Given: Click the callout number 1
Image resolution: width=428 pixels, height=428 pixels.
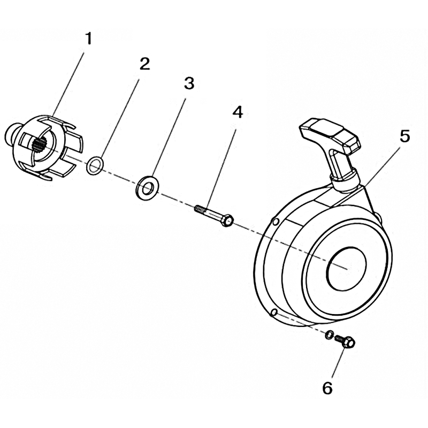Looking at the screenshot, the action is [x=88, y=39].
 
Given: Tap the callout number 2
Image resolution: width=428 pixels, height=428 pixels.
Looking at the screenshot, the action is [x=144, y=64].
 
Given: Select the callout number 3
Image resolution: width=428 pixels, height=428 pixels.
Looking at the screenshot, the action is [x=189, y=83].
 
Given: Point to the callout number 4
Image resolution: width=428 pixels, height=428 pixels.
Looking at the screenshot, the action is [x=238, y=112].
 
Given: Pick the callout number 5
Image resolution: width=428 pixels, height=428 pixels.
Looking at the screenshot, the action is [x=404, y=136].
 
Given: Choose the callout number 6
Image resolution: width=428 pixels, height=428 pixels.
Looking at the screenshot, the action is [x=327, y=388].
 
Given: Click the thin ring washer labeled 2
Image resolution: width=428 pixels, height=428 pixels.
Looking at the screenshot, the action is [x=95, y=166].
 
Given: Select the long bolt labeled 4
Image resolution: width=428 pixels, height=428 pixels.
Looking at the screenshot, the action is [x=213, y=215].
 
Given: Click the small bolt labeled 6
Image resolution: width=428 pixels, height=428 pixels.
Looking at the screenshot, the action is [x=345, y=341].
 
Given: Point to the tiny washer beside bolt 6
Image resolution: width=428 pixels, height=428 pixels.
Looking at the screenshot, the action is [x=329, y=334].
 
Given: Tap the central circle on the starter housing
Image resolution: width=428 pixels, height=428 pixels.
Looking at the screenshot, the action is [x=347, y=269].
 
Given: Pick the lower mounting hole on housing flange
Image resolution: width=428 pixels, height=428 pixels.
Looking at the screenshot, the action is [x=275, y=312].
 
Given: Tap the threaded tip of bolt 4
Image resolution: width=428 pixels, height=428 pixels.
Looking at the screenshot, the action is [x=198, y=209].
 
